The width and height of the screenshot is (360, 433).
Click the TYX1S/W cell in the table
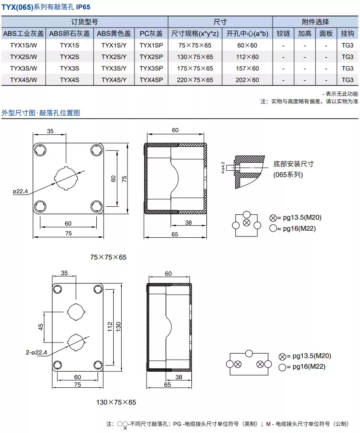tap(24, 45)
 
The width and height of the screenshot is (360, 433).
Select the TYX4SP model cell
tap(151, 80)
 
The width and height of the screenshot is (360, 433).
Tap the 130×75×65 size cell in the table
tap(195, 57)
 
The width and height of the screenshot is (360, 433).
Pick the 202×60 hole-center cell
tap(247, 80)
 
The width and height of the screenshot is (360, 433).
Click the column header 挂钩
tap(347, 33)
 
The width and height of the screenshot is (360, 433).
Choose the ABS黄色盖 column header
tap(114, 33)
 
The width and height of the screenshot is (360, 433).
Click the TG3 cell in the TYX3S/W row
tap(347, 68)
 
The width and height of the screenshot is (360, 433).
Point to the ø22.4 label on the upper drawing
tap(20, 191)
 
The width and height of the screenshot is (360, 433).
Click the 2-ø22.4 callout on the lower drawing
tap(36, 352)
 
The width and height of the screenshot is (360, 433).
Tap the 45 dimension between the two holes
tap(41, 327)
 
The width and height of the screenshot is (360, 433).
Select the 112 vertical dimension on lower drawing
tap(110, 327)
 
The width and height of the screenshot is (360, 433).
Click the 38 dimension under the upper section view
tap(188, 223)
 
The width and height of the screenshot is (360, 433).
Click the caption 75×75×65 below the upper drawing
tap(108, 257)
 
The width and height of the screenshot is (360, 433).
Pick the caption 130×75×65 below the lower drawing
tap(116, 402)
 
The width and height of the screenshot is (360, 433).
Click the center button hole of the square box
tap(66, 178)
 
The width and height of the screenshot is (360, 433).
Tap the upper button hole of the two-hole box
tap(76, 312)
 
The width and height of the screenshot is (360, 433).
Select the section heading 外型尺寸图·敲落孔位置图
tap(40, 113)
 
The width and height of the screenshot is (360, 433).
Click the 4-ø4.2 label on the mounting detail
tap(223, 168)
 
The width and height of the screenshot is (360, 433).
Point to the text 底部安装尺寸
tap(293, 164)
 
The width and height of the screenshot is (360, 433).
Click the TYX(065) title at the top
tap(17, 7)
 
